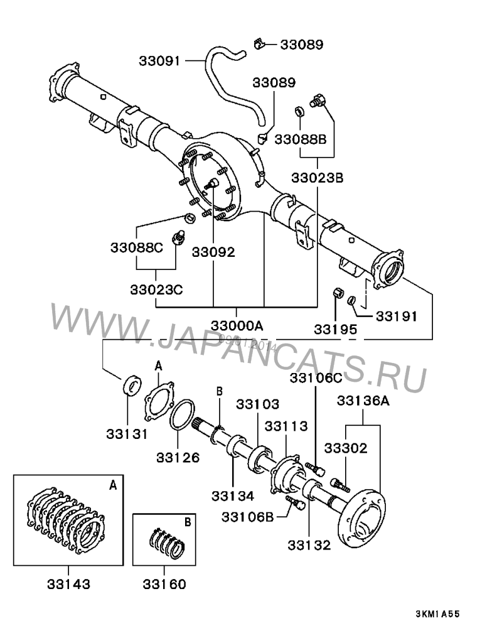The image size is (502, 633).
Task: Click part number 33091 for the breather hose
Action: point(159,61)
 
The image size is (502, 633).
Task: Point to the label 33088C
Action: point(138,247)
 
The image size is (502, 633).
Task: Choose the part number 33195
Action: point(336,329)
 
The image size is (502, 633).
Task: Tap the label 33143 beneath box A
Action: point(68,584)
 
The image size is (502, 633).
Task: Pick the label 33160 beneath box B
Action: point(164,584)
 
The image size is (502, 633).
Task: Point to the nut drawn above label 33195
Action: point(336,293)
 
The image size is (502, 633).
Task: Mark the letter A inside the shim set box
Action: point(113,485)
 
